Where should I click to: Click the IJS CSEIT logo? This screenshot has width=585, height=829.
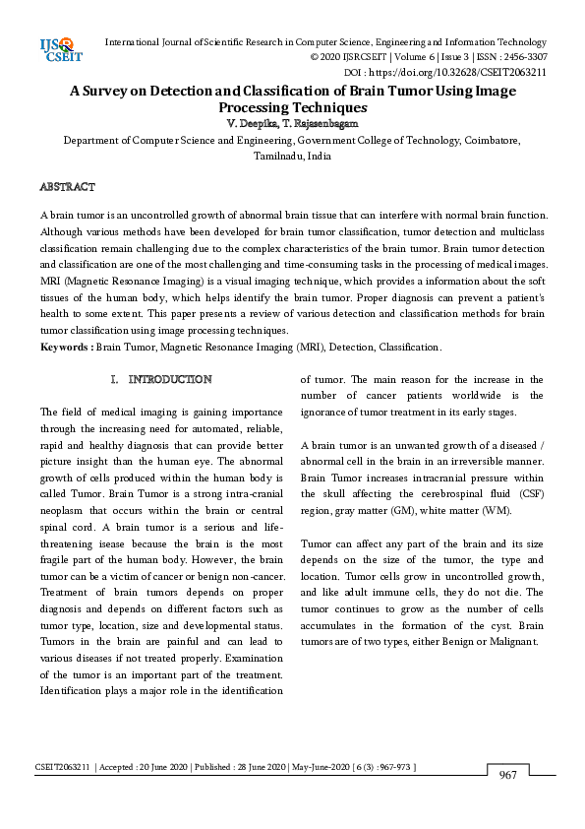(55, 50)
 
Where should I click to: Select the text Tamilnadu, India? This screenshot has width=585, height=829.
(292, 156)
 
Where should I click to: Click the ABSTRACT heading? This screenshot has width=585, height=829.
(67, 187)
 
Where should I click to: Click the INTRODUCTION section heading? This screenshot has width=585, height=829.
(170, 379)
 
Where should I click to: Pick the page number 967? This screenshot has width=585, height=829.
(508, 776)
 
